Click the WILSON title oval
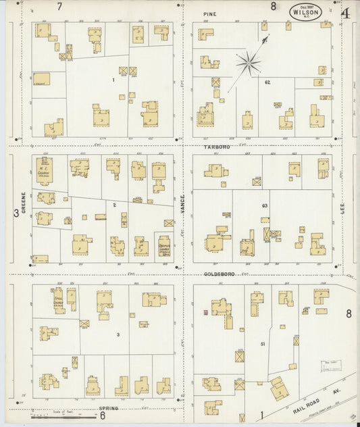click(306, 11)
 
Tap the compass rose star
click(248, 64)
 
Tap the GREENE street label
click(23, 203)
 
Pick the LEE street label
click(342, 211)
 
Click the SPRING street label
click(108, 409)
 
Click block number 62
click(267, 82)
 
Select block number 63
click(265, 205)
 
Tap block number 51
click(261, 344)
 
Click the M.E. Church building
click(44, 170)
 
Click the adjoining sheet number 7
click(60, 7)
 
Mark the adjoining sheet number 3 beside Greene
click(15, 214)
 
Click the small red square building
click(205, 313)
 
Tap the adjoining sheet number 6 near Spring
click(102, 416)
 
